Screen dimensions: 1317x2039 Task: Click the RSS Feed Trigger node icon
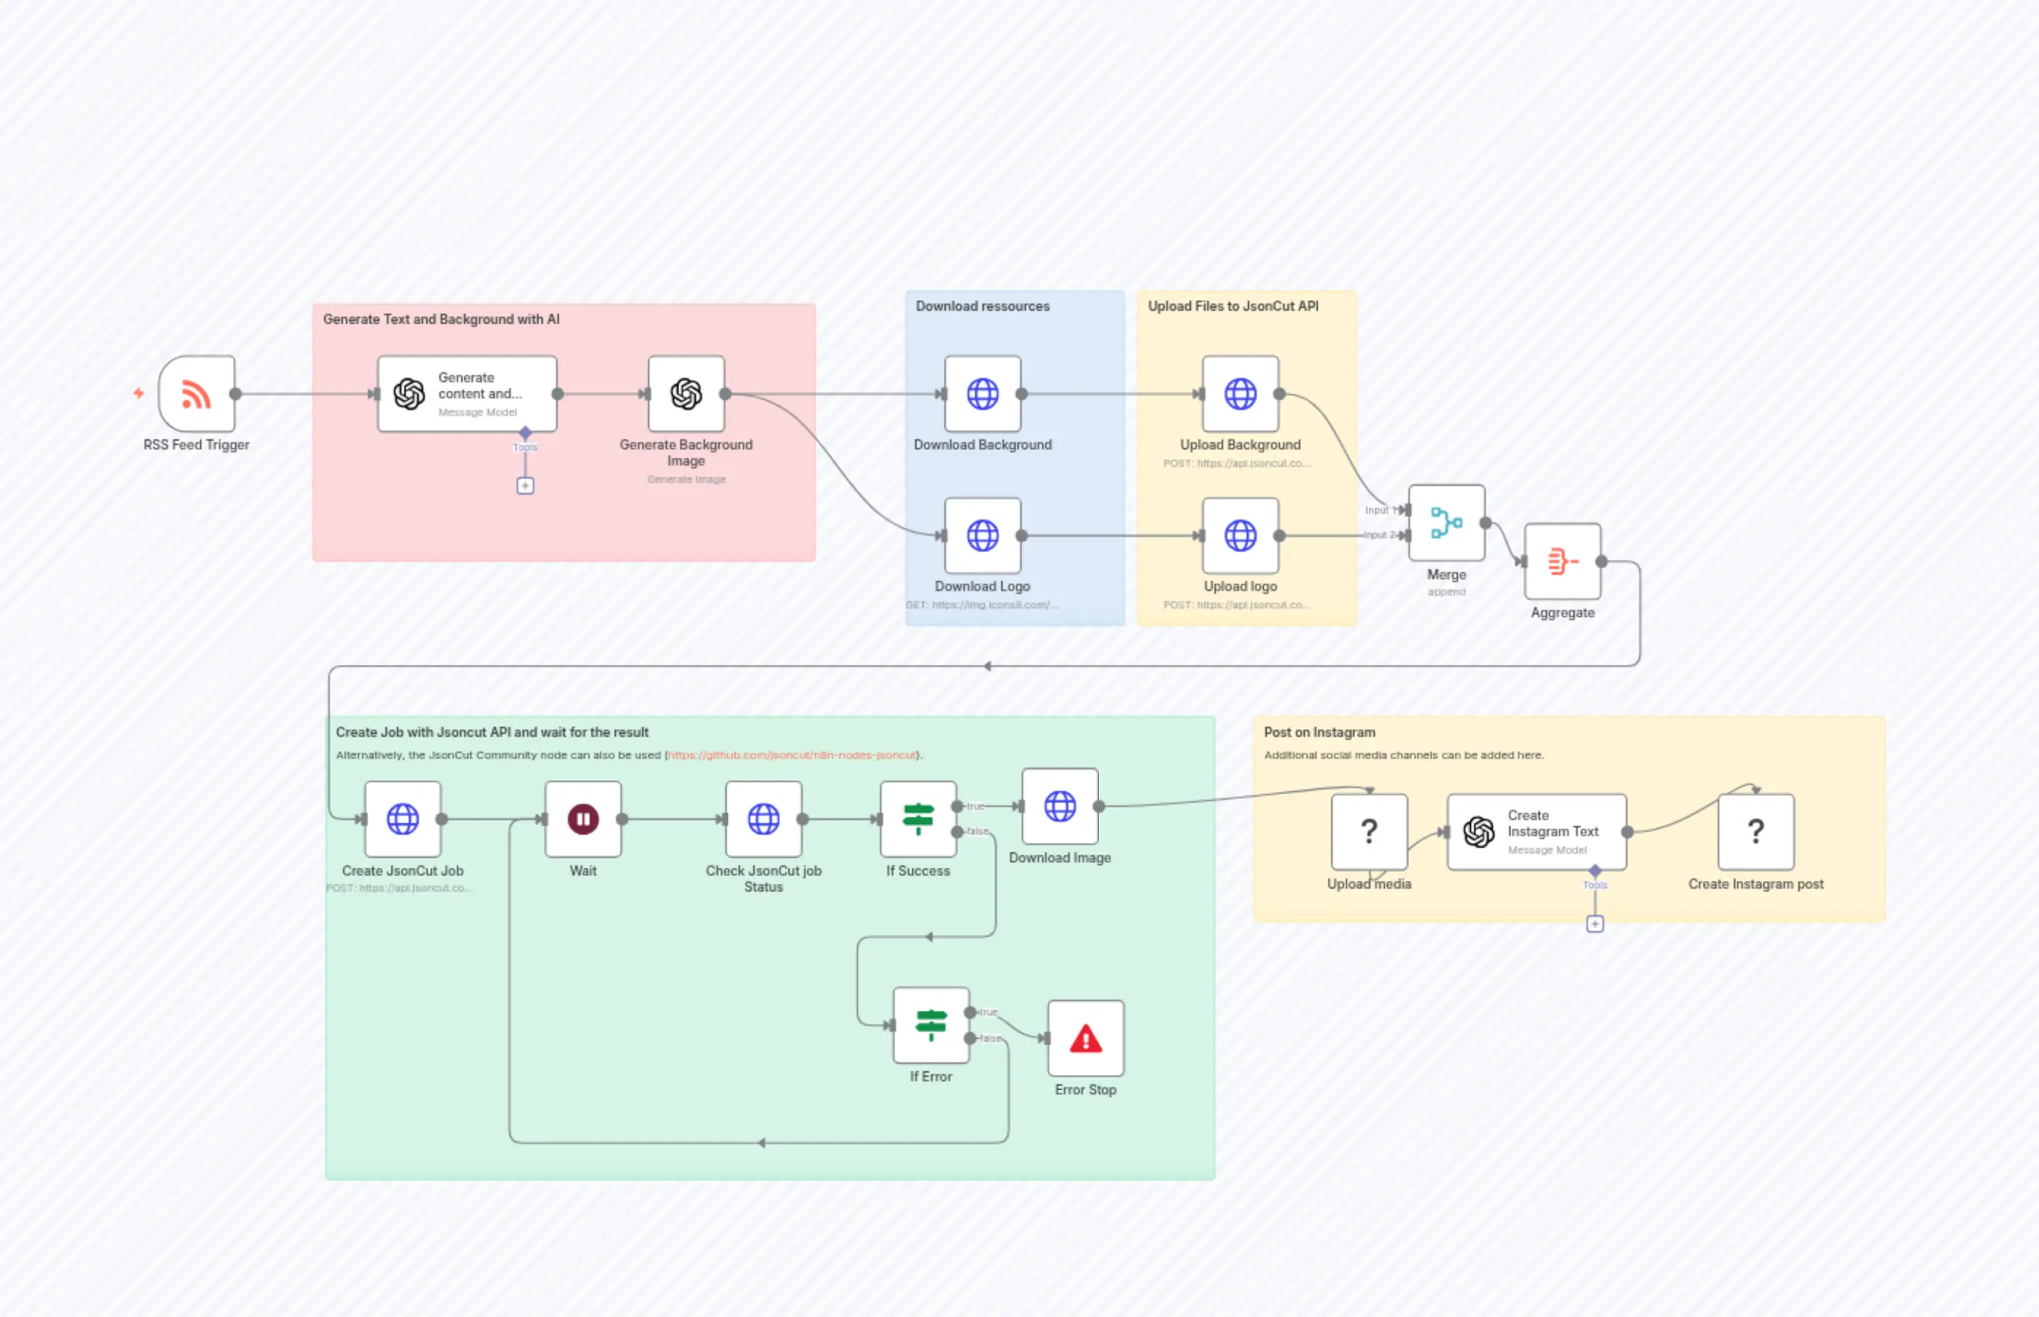pyautogui.click(x=197, y=394)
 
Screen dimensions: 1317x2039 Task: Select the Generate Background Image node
pyautogui.click(x=686, y=394)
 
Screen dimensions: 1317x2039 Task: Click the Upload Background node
pyautogui.click(x=1240, y=394)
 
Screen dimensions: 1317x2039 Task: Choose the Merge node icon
pyautogui.click(x=1446, y=522)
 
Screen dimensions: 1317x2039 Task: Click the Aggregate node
pyautogui.click(x=1562, y=562)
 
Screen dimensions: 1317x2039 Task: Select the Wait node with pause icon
pyautogui.click(x=582, y=819)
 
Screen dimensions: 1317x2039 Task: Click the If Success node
pyautogui.click(x=918, y=819)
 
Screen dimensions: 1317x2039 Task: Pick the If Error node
pyautogui.click(x=930, y=1024)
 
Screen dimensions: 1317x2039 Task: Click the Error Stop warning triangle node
pyautogui.click(x=1085, y=1038)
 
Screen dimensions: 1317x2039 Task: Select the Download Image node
pyautogui.click(x=1060, y=806)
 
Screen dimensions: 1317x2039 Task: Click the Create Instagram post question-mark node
pyautogui.click(x=1755, y=831)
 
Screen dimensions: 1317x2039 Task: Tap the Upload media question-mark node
pyautogui.click(x=1368, y=831)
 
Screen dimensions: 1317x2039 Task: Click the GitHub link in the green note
pyautogui.click(x=791, y=755)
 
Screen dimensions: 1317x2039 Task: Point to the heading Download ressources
pyautogui.click(x=982, y=306)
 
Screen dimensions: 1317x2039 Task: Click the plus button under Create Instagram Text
pyautogui.click(x=1595, y=924)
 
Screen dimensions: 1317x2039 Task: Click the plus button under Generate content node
pyautogui.click(x=525, y=486)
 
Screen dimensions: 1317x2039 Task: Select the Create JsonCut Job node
pyautogui.click(x=402, y=819)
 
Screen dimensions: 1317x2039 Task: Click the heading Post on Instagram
pyautogui.click(x=1319, y=732)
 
